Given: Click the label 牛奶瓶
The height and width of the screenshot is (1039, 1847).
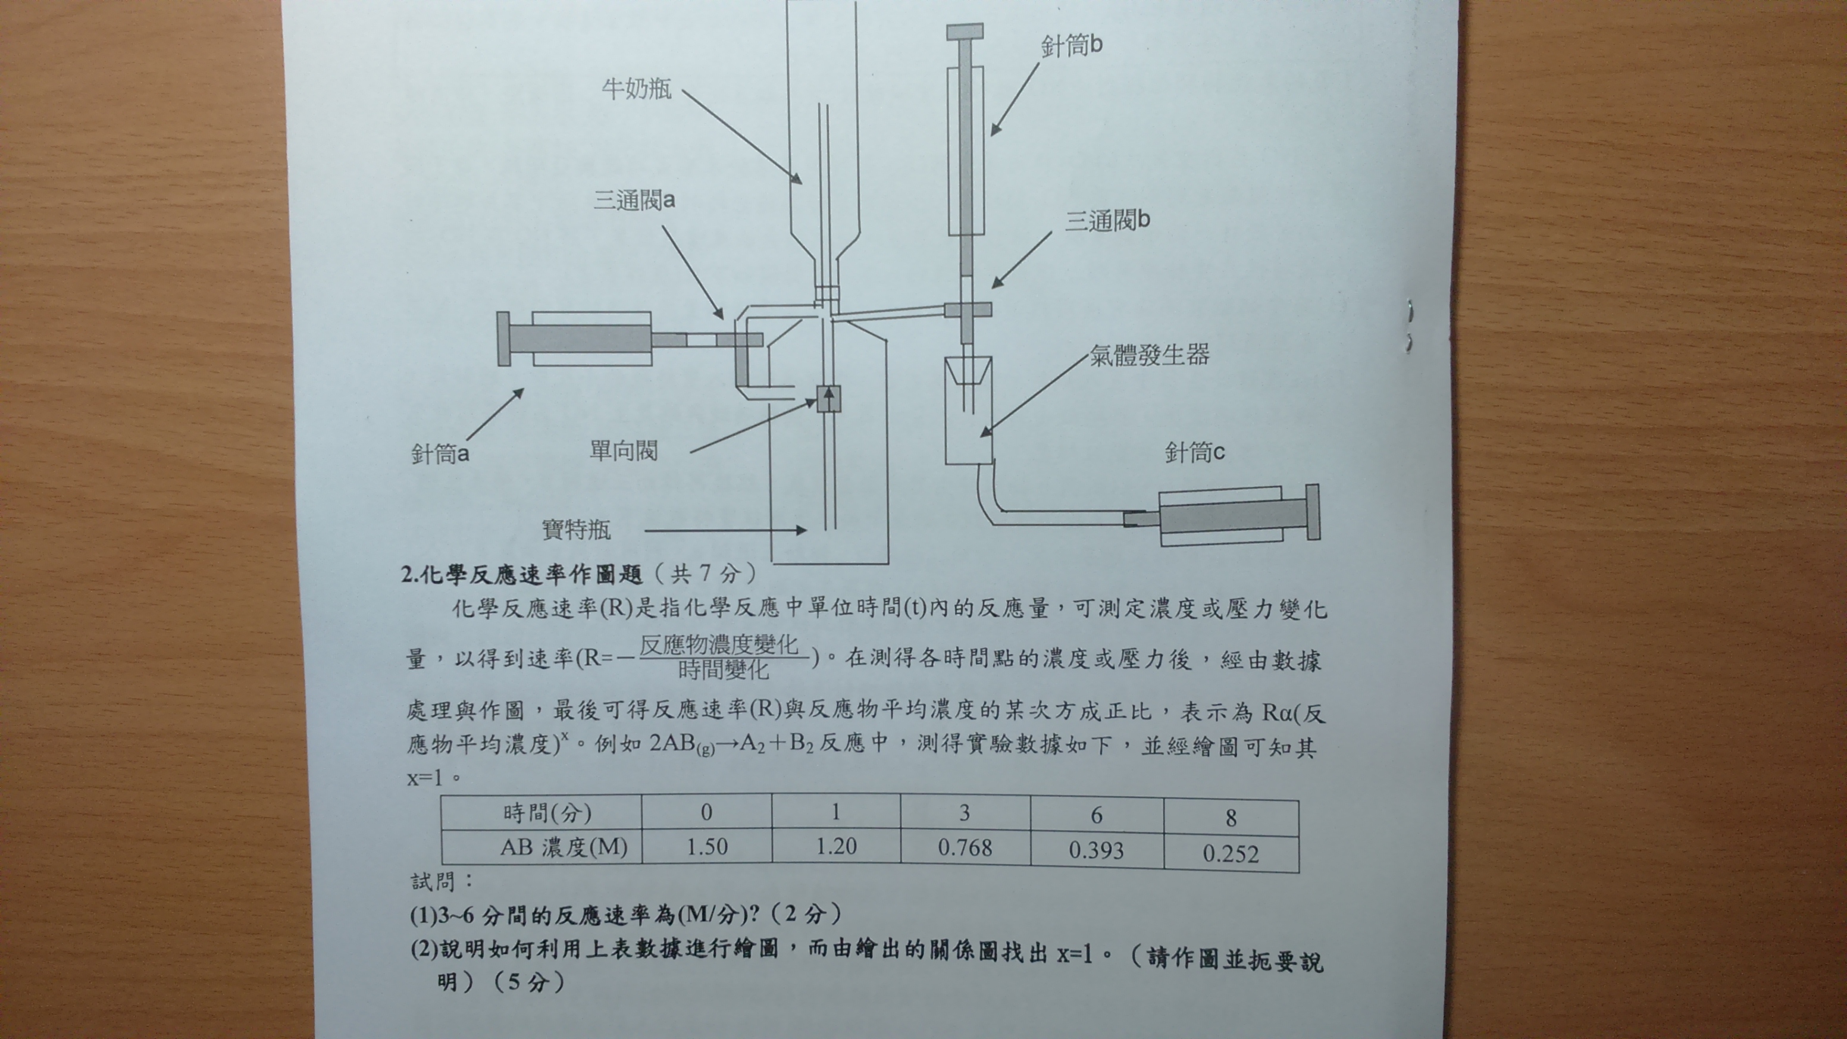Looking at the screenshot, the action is tap(637, 88).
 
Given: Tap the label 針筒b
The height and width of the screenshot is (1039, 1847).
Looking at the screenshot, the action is tap(1072, 46).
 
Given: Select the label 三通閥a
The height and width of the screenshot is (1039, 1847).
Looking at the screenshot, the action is tap(634, 200).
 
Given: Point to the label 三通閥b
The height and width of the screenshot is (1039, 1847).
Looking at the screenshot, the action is tap(1108, 220).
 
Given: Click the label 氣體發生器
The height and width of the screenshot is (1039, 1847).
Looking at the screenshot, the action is tap(1150, 355).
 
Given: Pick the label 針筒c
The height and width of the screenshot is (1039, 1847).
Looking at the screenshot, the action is tap(1194, 452).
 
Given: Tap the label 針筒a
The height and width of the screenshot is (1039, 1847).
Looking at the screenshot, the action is tap(440, 453).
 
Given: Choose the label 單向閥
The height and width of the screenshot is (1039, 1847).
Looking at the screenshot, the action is tap(623, 450).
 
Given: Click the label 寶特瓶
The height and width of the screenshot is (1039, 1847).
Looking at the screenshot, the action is tap(576, 529).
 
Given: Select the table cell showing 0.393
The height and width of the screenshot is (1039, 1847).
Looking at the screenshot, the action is tap(1096, 850).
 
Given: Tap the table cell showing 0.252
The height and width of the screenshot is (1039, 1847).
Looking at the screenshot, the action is tap(1231, 854).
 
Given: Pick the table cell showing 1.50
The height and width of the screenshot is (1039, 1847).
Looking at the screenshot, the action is tap(707, 847).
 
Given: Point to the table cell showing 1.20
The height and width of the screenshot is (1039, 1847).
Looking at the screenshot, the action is tap(836, 847).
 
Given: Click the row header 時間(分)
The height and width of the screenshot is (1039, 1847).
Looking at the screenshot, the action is tap(548, 812).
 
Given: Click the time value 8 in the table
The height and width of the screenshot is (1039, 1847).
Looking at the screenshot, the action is tap(1231, 818).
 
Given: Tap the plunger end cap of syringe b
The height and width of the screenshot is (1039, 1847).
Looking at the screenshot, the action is tap(965, 32).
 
